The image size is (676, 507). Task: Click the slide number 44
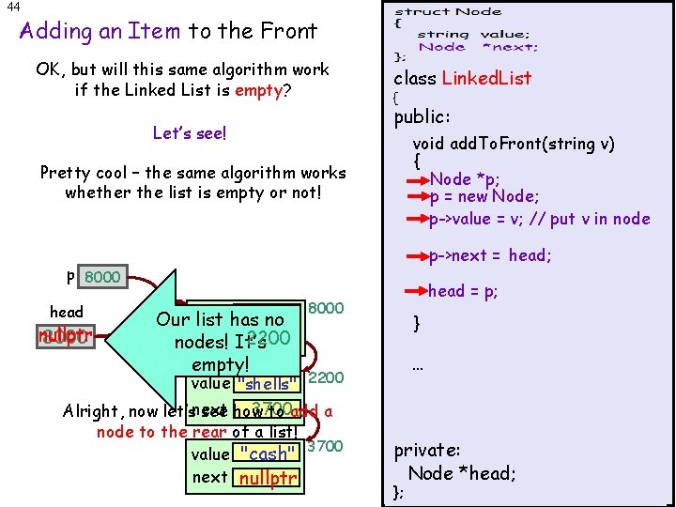click(13, 8)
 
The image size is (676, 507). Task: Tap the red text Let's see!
click(190, 133)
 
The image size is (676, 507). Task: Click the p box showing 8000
click(102, 277)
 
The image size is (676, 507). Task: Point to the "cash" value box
click(268, 454)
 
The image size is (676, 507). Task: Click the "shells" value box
click(270, 384)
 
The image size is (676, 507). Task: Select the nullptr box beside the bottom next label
click(268, 479)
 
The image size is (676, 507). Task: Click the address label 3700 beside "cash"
click(325, 446)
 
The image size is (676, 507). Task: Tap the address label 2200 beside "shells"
click(326, 377)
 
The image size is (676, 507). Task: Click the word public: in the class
click(422, 118)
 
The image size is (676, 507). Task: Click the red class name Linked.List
click(488, 78)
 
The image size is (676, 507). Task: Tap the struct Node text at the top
click(448, 12)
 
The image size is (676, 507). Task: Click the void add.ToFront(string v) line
click(514, 144)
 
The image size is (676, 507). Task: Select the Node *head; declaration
click(462, 473)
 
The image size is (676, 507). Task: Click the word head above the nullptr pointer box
click(66, 312)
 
